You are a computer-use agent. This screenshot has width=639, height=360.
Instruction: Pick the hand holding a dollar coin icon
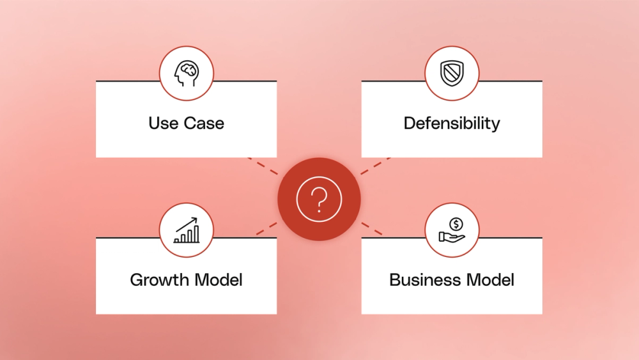click(452, 230)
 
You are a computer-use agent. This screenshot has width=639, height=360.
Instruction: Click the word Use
click(163, 123)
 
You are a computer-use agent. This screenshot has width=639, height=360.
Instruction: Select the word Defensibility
click(452, 123)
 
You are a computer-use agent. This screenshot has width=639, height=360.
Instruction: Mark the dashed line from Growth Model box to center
click(266, 228)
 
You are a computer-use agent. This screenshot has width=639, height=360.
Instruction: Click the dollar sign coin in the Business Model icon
click(456, 224)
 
